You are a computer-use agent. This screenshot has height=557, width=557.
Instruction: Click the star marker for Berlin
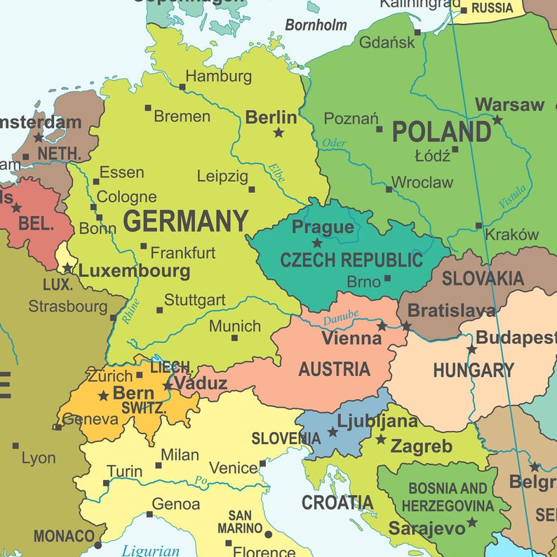278,133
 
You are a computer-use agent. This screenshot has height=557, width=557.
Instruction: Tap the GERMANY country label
186,222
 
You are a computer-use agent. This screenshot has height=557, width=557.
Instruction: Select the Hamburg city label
218,76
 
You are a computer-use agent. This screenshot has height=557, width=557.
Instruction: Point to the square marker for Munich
234,338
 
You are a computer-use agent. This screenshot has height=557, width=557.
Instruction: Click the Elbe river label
276,173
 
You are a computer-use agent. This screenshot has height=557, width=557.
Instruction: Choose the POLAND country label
441,132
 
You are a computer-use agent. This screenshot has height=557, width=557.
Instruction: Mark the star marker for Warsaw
497,120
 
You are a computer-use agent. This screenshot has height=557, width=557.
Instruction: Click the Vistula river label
511,196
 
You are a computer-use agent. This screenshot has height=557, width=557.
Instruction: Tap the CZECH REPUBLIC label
351,260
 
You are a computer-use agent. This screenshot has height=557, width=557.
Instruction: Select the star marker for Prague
317,243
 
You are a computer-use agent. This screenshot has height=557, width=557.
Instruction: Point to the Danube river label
341,318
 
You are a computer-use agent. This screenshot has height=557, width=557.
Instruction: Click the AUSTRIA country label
334,369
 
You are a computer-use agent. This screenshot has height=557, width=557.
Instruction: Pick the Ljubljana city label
377,421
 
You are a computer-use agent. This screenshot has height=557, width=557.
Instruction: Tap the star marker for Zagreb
381,440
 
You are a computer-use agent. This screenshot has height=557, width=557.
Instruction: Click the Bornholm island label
316,25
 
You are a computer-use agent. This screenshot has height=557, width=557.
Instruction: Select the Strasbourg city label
67,307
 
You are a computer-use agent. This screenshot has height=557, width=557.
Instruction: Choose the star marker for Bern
103,396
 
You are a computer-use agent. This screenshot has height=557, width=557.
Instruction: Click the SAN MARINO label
240,521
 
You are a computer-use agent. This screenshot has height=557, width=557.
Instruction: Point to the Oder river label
335,143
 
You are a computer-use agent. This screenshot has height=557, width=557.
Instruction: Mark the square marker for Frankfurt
144,246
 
